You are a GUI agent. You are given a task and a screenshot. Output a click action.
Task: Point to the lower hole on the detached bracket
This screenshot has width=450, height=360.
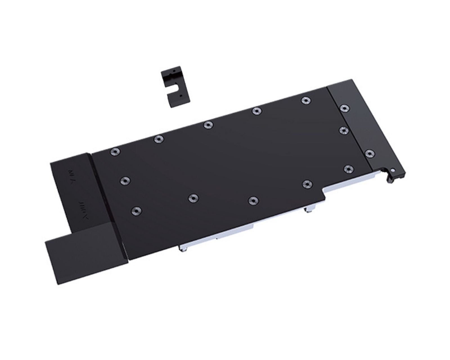pos(181,95)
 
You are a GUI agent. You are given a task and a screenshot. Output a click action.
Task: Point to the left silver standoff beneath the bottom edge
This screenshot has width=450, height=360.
pos(182,247)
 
